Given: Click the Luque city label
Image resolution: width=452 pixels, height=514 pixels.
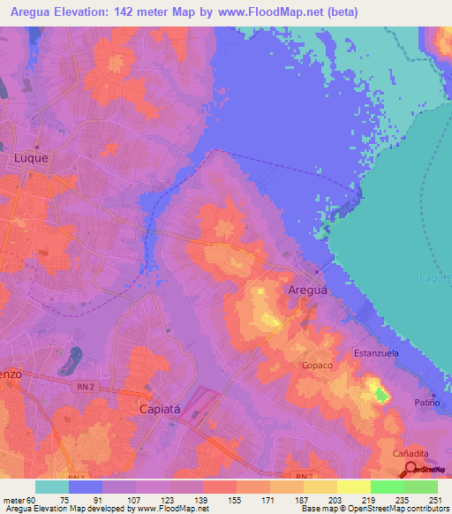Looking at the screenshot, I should pyautogui.click(x=31, y=158).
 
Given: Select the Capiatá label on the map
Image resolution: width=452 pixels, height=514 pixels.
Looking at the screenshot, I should pyautogui.click(x=164, y=409).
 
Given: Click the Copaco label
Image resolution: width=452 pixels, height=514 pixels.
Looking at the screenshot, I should pyautogui.click(x=317, y=365).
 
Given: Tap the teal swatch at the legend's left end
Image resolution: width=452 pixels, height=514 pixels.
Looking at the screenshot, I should pyautogui.click(x=52, y=487).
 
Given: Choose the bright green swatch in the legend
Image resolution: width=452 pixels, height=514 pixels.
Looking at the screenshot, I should pyautogui.click(x=388, y=487).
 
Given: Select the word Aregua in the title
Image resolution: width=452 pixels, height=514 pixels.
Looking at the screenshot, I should pyautogui.click(x=35, y=11).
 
